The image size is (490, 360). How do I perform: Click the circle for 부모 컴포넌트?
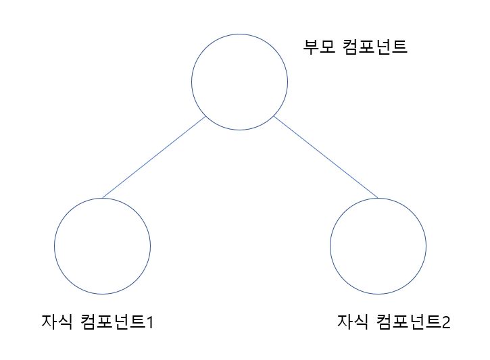tap(239, 82)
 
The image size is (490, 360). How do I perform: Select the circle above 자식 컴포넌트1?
tap(102, 246)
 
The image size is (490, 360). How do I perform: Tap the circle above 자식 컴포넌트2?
tap(378, 246)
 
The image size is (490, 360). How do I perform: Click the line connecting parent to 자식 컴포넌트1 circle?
tap(154, 157)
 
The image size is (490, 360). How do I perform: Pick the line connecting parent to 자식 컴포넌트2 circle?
tap(326, 157)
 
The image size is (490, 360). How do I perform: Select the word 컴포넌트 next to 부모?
tap(376, 48)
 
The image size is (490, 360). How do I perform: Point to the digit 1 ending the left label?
tap(150, 322)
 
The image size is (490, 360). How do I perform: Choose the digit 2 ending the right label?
tap(445, 322)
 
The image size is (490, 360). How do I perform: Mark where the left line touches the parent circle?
tap(205, 116)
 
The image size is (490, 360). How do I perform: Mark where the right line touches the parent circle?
tap(273, 116)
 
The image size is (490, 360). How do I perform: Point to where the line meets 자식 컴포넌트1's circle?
tap(103, 198)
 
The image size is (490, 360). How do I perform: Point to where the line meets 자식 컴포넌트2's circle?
tap(378, 198)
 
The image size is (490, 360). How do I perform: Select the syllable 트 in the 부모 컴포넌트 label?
tap(399, 48)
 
